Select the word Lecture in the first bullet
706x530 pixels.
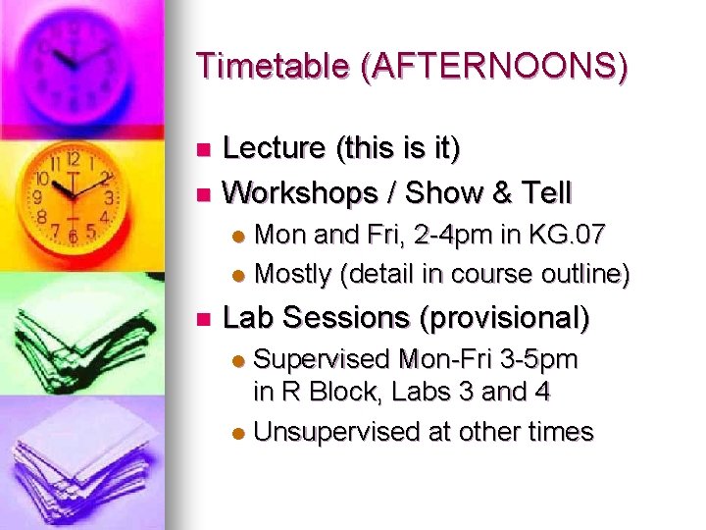pyautogui.click(x=275, y=149)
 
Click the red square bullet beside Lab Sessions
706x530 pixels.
pyautogui.click(x=204, y=319)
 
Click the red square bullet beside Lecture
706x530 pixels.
pyautogui.click(x=204, y=150)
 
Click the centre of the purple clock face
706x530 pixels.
pyautogui.click(x=76, y=64)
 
